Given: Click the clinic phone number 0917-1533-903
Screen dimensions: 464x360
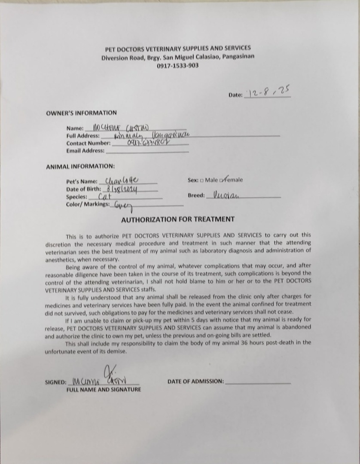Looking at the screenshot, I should click(177, 66).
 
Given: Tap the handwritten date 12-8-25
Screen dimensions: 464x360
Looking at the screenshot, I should click(268, 92).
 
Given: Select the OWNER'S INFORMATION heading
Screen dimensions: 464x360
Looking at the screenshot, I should click(81, 113).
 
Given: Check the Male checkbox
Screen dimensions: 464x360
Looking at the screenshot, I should click(201, 180).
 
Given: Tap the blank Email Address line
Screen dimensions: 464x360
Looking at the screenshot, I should click(147, 152).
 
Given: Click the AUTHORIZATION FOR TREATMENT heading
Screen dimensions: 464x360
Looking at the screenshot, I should click(178, 219).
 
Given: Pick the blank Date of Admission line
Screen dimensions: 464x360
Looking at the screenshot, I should click(258, 382).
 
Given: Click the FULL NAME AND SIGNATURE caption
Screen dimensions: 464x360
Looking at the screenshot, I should click(104, 390).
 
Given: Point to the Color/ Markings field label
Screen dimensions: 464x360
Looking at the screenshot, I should click(88, 205).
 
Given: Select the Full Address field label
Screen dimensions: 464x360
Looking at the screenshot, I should click(83, 136).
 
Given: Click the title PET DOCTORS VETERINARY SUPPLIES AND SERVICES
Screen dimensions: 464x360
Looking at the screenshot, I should click(178, 49).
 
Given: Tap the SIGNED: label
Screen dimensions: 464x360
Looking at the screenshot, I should click(55, 382).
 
